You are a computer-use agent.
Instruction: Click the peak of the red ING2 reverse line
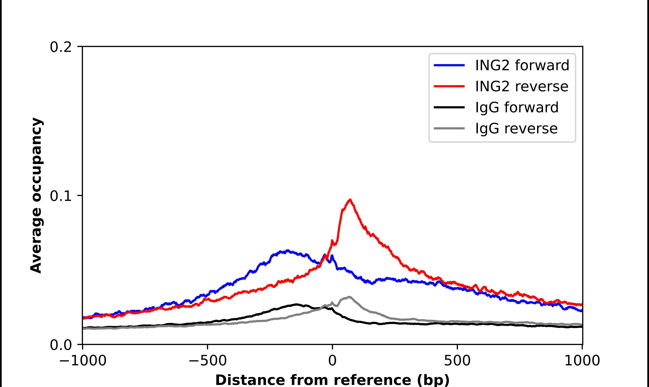point(350,200)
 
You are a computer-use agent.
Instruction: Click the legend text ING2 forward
point(522,65)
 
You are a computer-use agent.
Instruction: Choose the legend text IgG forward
point(517,107)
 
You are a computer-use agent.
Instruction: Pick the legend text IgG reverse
point(516,129)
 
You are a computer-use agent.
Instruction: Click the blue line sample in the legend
point(449,65)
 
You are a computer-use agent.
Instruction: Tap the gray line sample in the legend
point(449,128)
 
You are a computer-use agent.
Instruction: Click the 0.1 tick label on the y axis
point(61,196)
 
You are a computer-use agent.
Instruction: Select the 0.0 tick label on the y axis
point(61,345)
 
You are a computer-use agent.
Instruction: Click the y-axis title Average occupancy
point(36,196)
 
